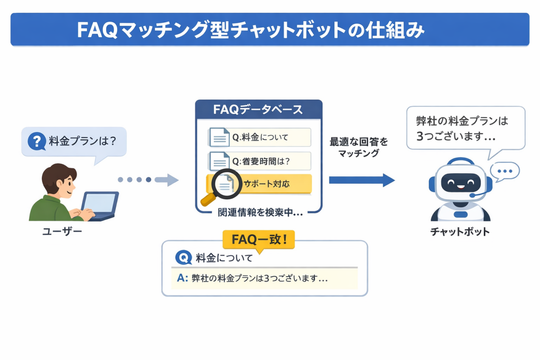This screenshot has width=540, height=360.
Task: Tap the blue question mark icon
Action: coord(36,141)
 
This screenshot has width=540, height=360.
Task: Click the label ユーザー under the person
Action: coord(62,232)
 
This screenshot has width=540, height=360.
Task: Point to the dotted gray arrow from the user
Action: coord(148,180)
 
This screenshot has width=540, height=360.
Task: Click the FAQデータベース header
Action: coord(258,109)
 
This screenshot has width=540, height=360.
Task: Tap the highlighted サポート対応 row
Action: coord(265,184)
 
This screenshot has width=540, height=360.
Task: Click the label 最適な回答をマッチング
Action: coord(359,147)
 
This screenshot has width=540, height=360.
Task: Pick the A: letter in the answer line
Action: coord(182,278)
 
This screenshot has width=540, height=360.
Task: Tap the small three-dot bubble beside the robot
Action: coord(505,171)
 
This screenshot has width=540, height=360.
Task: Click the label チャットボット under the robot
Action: coord(459,232)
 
